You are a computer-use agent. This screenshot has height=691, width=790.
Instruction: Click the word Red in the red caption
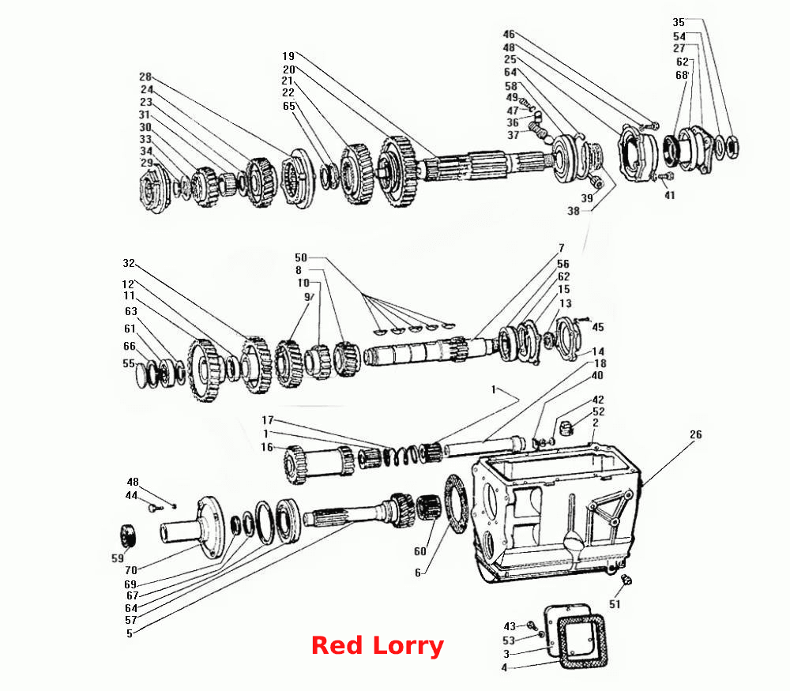click(336, 645)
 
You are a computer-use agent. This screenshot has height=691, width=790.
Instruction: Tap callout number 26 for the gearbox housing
click(695, 434)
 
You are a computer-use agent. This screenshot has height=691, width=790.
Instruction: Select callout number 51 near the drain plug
click(615, 604)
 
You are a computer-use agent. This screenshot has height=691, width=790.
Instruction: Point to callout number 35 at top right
click(678, 22)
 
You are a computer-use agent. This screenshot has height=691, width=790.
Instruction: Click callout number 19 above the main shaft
click(288, 56)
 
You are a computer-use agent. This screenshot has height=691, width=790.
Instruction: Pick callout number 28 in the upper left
click(145, 77)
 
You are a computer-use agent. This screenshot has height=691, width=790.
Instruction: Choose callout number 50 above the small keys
click(300, 258)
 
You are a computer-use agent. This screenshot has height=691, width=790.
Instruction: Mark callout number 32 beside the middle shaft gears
click(129, 264)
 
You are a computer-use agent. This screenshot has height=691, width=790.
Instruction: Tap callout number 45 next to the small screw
click(597, 328)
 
